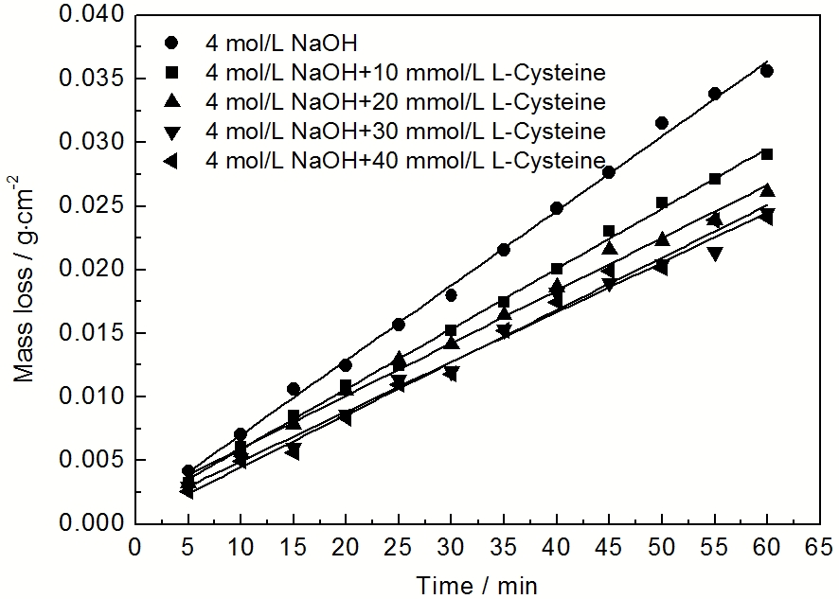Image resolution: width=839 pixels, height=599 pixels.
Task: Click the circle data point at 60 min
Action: click(767, 71)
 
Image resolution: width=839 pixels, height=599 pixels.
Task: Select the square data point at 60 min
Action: click(767, 154)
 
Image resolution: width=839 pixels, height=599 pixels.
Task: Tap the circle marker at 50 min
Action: click(662, 123)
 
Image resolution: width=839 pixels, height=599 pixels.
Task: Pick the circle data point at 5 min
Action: click(187, 470)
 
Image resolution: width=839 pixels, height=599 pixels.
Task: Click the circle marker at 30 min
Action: click(451, 295)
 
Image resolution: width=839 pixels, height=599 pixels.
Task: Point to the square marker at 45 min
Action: click(609, 231)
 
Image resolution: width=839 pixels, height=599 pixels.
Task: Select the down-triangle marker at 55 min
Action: click(714, 254)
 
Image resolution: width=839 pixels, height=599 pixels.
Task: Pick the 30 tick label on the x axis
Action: click(451, 547)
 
